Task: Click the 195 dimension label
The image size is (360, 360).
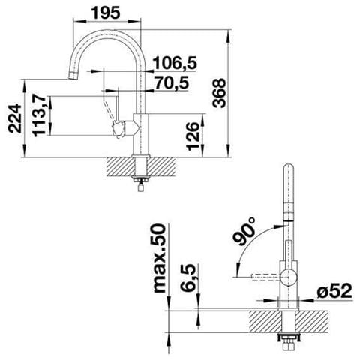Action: [x=106, y=13]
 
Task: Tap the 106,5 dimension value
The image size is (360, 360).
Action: [x=175, y=63]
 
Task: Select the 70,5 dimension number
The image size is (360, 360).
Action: [x=172, y=82]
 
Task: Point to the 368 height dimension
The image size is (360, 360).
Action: [x=219, y=93]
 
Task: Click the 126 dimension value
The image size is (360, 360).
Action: [x=193, y=136]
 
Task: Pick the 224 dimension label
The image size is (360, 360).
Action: [x=15, y=118]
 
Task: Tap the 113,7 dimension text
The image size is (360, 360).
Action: [x=40, y=115]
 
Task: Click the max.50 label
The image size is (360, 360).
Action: [x=159, y=259]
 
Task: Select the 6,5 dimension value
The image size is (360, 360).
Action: [x=187, y=277]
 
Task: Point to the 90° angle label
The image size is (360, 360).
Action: [x=244, y=232]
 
